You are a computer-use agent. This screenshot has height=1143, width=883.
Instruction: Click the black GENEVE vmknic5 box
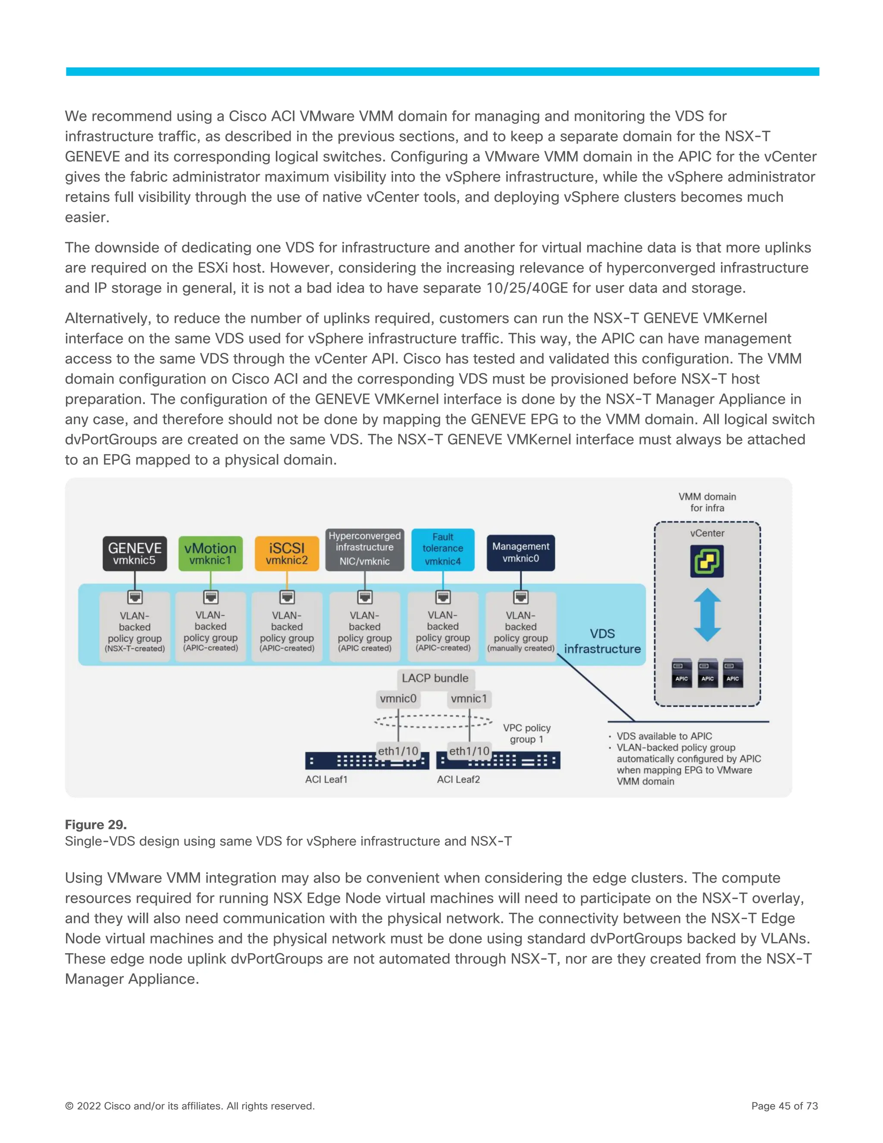click(135, 553)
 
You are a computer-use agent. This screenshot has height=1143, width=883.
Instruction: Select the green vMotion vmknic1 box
click(210, 553)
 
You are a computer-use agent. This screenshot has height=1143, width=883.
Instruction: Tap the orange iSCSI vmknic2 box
click(287, 553)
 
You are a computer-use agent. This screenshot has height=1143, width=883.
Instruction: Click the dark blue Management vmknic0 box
click(520, 553)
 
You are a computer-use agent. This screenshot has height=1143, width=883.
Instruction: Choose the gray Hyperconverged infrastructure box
click(365, 549)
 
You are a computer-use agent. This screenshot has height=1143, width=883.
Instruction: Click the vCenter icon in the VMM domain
click(707, 561)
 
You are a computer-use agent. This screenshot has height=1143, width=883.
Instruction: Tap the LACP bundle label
click(435, 678)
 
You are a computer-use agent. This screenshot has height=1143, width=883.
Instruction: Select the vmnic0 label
click(398, 699)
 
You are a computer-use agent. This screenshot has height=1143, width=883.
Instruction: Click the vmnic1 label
click(469, 699)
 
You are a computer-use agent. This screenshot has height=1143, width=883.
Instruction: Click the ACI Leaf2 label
click(458, 779)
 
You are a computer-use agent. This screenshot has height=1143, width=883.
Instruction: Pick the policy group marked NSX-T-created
click(135, 632)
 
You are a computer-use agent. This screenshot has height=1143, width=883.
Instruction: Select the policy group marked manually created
click(520, 632)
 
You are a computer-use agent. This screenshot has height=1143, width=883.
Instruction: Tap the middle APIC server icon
click(707, 673)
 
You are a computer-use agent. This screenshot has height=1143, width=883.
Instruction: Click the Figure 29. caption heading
click(96, 825)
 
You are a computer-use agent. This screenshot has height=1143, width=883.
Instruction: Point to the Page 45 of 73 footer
click(784, 1106)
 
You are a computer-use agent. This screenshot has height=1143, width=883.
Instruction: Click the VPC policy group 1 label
click(526, 733)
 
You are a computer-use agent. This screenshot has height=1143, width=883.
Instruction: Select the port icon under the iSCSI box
click(287, 597)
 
